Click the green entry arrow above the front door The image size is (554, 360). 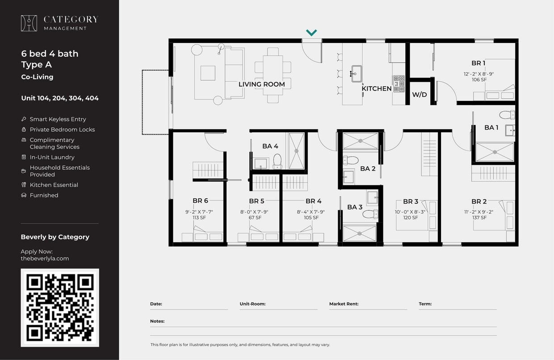[x=311, y=33]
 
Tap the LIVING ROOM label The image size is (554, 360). [x=261, y=84]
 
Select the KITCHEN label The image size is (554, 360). [x=376, y=88]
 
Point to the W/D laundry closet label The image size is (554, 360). [x=419, y=95]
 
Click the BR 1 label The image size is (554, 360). [x=478, y=63]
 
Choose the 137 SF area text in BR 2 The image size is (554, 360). [x=478, y=218]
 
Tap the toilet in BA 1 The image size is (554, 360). [x=507, y=115]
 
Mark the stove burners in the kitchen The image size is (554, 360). [x=399, y=84]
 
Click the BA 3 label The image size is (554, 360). [x=355, y=207]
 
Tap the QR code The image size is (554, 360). [x=60, y=307]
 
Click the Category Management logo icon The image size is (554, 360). [x=29, y=23]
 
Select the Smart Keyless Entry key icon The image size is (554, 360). [x=24, y=119]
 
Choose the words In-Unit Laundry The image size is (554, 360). [x=52, y=157]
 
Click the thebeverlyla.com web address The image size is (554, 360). [x=45, y=258]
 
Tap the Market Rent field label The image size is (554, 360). [x=344, y=304]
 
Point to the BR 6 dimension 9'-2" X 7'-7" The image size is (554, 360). [x=200, y=212]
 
